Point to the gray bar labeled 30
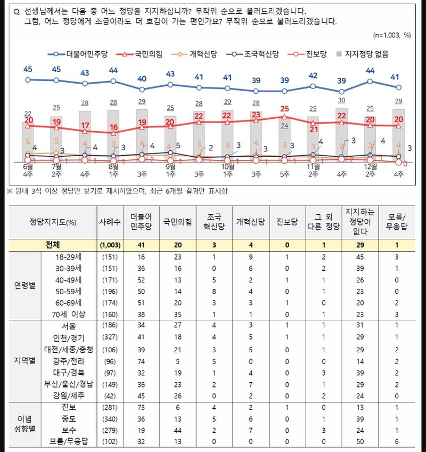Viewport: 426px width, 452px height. click(x=342, y=133)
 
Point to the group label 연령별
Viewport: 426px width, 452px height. click(x=25, y=285)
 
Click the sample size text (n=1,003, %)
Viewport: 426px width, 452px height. click(x=392, y=35)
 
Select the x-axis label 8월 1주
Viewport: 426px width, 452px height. click(x=113, y=170)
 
